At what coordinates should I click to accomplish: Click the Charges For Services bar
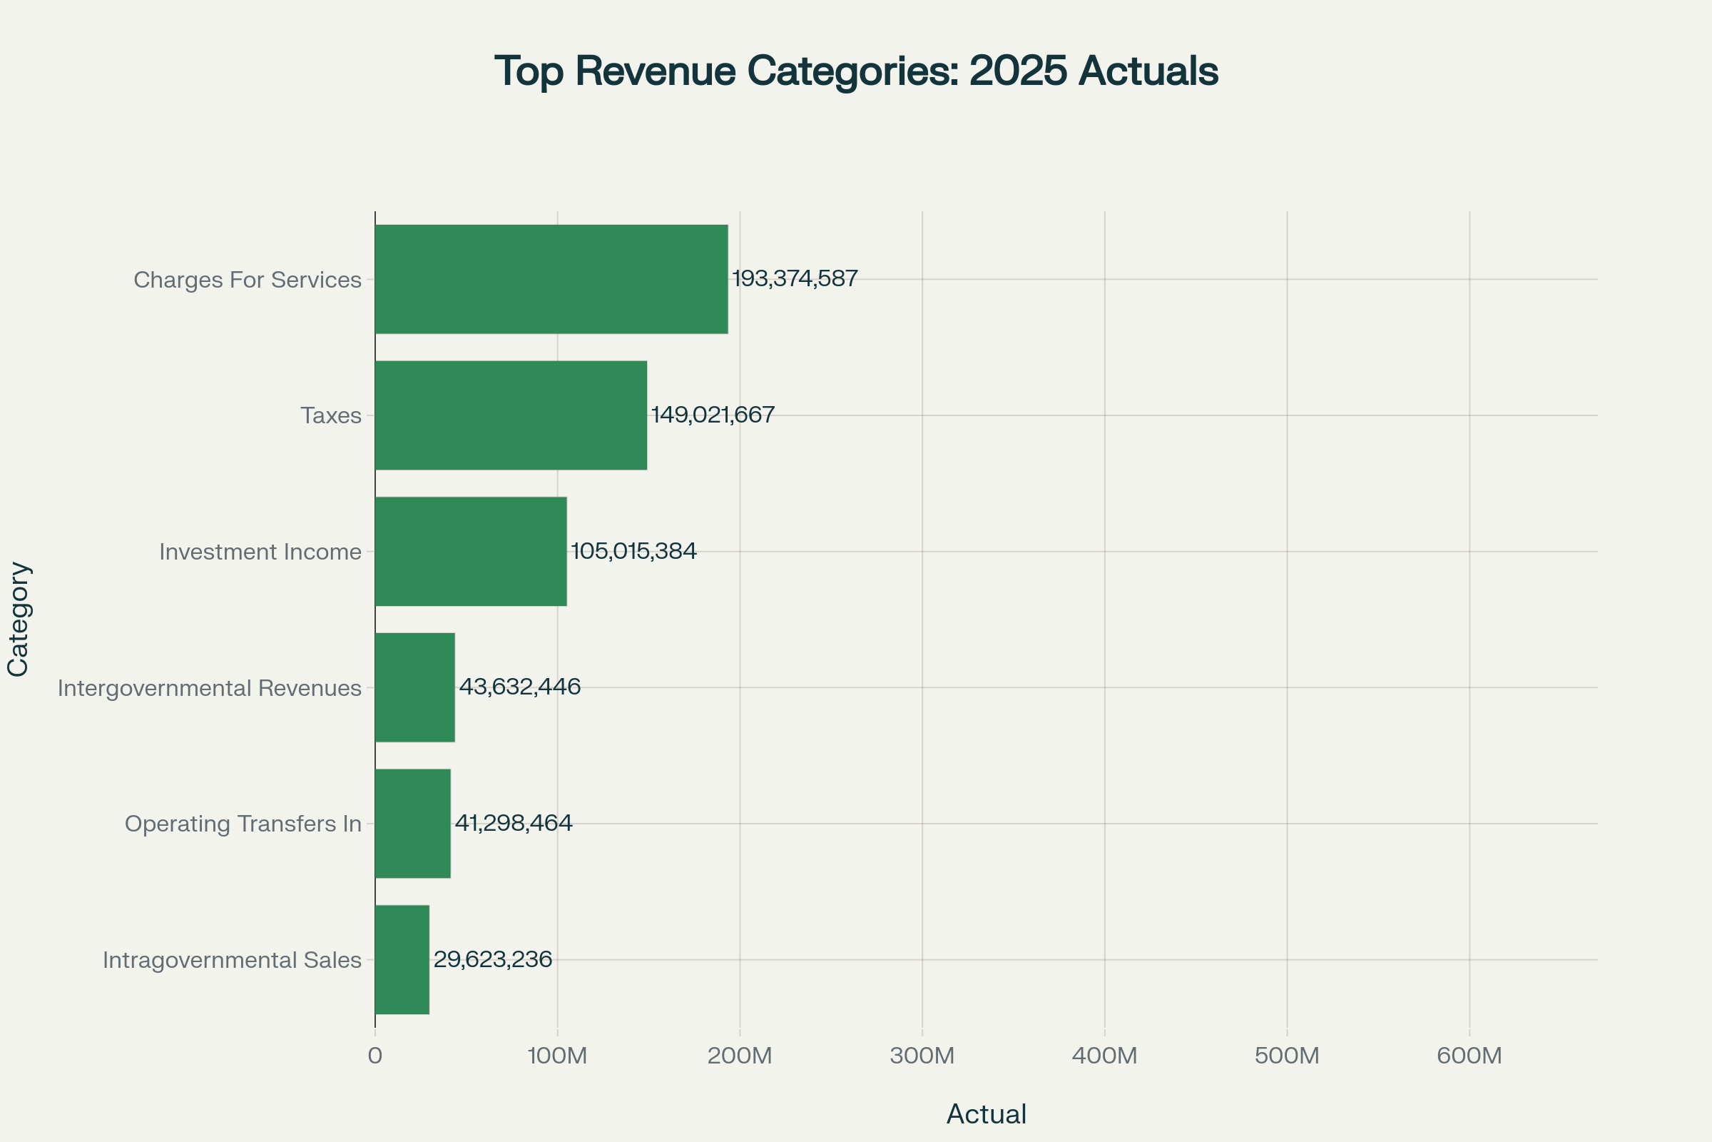pyautogui.click(x=551, y=279)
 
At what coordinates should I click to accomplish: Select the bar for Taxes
pyautogui.click(x=511, y=415)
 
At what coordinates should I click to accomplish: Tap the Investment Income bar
pyautogui.click(x=471, y=551)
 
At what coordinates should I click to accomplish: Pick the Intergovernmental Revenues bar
pyautogui.click(x=415, y=687)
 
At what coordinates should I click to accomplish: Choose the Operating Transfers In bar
pyautogui.click(x=413, y=824)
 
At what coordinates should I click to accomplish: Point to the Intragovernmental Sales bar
pyautogui.click(x=402, y=960)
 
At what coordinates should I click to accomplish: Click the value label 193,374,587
pyautogui.click(x=795, y=278)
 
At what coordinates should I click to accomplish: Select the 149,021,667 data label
pyautogui.click(x=713, y=415)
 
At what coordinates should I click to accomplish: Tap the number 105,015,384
pyautogui.click(x=634, y=550)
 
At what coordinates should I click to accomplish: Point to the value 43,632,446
pyautogui.click(x=520, y=687)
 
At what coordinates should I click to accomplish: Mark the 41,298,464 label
pyautogui.click(x=514, y=823)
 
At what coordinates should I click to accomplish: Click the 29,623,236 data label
pyautogui.click(x=493, y=959)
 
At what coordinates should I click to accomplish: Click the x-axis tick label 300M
pyautogui.click(x=922, y=1056)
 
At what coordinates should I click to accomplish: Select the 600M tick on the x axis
pyautogui.click(x=1469, y=1056)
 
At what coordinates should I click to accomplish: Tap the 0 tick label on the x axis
pyautogui.click(x=375, y=1056)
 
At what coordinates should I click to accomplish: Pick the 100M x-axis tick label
pyautogui.click(x=558, y=1056)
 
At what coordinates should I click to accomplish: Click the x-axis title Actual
pyautogui.click(x=987, y=1114)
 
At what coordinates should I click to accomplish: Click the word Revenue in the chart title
pyautogui.click(x=655, y=71)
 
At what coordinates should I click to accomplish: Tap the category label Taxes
pyautogui.click(x=331, y=416)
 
